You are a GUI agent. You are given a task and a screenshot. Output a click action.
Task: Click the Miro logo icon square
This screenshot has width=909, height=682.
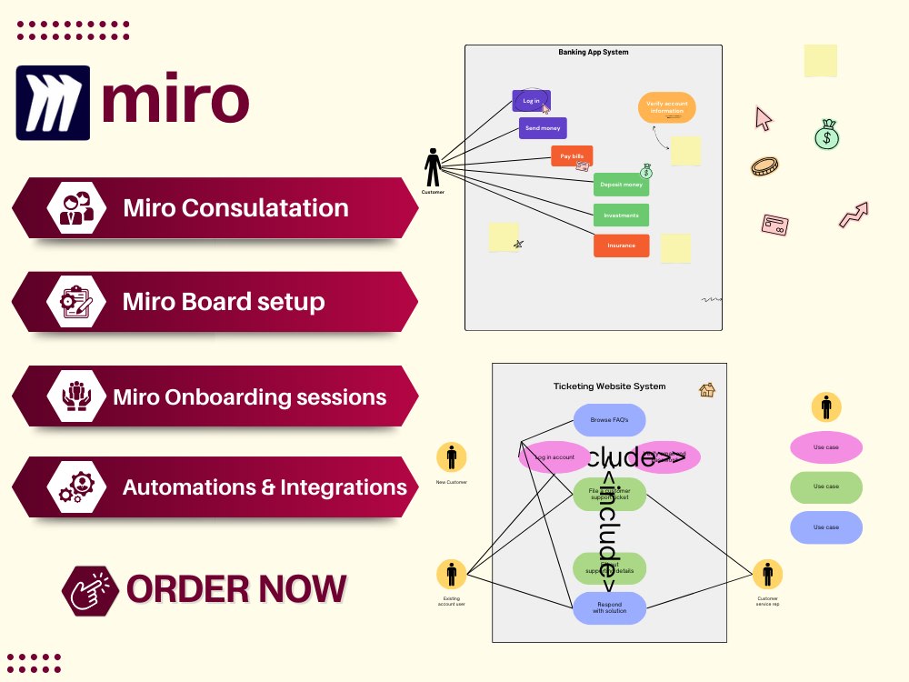click(x=53, y=102)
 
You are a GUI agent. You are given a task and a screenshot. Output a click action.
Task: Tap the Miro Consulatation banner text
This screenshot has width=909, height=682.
click(x=235, y=208)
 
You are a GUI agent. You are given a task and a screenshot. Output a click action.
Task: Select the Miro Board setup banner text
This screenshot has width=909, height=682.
click(x=224, y=301)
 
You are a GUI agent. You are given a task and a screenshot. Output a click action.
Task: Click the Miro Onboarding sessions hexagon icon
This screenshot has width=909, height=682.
click(x=77, y=396)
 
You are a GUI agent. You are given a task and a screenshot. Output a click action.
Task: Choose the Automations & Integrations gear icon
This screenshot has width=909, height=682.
click(x=77, y=486)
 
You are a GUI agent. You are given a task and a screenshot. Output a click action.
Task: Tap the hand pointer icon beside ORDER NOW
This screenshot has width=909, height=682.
click(x=90, y=590)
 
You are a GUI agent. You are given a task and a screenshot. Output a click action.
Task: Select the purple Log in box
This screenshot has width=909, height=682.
click(x=532, y=101)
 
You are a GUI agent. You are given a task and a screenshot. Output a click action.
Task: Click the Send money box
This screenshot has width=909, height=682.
click(x=543, y=128)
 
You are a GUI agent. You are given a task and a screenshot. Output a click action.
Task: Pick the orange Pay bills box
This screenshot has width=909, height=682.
click(x=572, y=156)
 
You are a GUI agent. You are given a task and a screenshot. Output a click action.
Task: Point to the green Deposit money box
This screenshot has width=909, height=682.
click(x=621, y=185)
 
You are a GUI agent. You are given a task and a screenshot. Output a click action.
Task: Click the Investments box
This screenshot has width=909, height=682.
click(x=621, y=216)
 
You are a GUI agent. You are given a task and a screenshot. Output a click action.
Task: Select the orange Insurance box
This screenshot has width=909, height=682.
click(x=621, y=246)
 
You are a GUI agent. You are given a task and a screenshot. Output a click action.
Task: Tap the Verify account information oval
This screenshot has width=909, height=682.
click(x=666, y=107)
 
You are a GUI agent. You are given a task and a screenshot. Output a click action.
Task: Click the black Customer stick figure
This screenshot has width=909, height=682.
click(x=434, y=168)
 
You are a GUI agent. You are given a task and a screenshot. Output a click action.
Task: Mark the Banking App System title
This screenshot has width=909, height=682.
click(x=593, y=53)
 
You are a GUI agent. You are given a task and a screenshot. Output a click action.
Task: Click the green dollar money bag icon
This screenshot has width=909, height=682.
click(x=826, y=135)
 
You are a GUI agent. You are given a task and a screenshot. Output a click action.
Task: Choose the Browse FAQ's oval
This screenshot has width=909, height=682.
click(x=609, y=420)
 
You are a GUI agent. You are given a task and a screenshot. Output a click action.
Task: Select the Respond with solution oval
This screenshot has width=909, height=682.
click(x=609, y=607)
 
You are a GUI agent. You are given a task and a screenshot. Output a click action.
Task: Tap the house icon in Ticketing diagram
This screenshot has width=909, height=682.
click(x=706, y=389)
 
